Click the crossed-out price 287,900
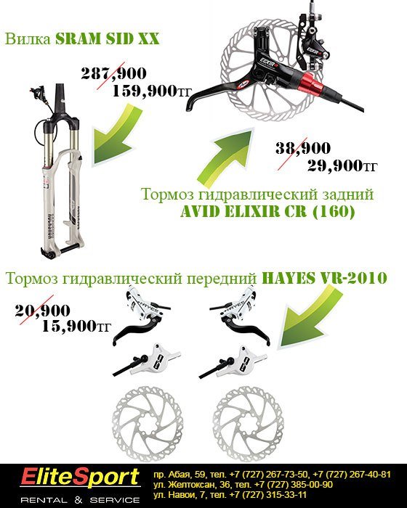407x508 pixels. (x=113, y=73)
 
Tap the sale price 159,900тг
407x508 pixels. (x=152, y=91)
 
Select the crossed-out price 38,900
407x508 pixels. (x=303, y=148)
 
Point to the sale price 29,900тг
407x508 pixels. (x=342, y=166)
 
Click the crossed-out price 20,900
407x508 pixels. (x=43, y=311)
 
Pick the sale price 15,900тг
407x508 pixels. (x=76, y=327)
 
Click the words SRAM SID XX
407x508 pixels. (x=107, y=39)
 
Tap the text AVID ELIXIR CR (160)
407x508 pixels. (x=267, y=212)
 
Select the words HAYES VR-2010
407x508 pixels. (x=324, y=278)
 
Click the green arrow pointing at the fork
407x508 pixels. (x=118, y=137)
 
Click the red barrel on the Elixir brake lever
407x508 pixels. (x=313, y=81)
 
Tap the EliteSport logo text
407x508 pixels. (x=80, y=478)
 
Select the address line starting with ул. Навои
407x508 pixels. (x=230, y=495)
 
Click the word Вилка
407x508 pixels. (x=28, y=39)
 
